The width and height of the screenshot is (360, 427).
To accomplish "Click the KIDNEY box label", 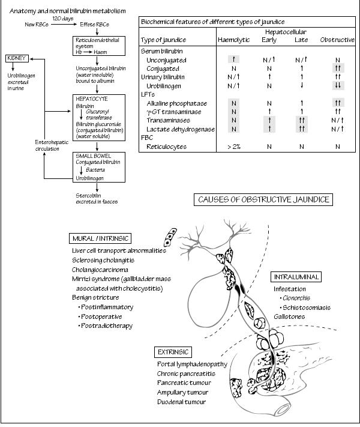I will tap(16, 58).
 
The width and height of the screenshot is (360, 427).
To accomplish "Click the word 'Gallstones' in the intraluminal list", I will tap(289, 316).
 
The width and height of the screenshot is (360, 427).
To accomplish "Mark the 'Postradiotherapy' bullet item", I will tap(108, 326).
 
